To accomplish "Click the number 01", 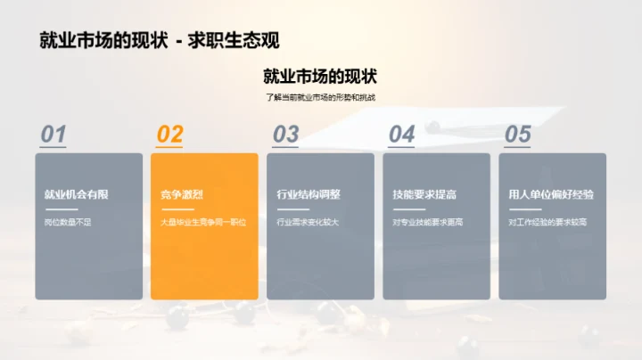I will [53, 134].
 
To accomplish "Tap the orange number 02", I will [169, 134].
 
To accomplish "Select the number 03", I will [285, 134].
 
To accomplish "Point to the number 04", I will [401, 134].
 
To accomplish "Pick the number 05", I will [517, 134].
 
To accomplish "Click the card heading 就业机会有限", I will [76, 194].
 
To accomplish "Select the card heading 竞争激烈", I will [182, 194].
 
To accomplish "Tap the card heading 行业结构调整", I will [308, 194].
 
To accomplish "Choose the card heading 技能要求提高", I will [424, 194].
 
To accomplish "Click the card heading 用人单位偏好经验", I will [550, 194].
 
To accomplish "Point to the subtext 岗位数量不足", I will [68, 222].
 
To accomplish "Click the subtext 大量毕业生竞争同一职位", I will [202, 222].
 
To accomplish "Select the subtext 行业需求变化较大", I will [308, 222].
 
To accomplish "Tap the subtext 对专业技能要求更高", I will [427, 222].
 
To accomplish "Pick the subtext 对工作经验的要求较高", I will [547, 222].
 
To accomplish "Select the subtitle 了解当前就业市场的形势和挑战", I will [320, 97].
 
